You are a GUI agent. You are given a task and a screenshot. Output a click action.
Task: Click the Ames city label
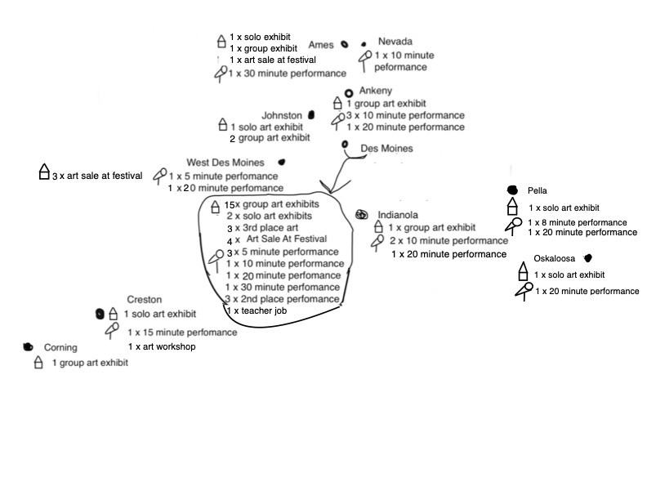pyautogui.click(x=320, y=45)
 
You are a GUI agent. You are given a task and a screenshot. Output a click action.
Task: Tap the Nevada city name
pyautogui.click(x=395, y=41)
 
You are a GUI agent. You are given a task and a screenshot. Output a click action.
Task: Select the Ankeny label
pyautogui.click(x=375, y=91)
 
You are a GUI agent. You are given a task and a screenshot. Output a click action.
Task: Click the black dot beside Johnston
pyautogui.click(x=311, y=114)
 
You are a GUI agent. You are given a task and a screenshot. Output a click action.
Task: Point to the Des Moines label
pyautogui.click(x=386, y=148)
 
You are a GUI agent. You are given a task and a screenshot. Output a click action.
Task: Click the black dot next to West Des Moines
pyautogui.click(x=282, y=162)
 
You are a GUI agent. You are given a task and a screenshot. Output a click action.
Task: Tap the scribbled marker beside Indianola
pyautogui.click(x=361, y=214)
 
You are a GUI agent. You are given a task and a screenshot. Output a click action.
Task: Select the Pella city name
pyautogui.click(x=538, y=190)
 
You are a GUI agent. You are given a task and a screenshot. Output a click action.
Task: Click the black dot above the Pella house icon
pyautogui.click(x=512, y=190)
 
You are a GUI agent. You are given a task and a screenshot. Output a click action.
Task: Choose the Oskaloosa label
pyautogui.click(x=554, y=258)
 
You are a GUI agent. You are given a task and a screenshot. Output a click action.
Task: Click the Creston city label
pyautogui.click(x=144, y=299)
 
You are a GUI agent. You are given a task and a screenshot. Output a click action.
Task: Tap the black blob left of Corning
pyautogui.click(x=28, y=347)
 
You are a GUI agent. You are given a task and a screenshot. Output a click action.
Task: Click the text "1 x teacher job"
pyautogui.click(x=257, y=310)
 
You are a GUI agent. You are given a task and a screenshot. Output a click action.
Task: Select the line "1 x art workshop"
pyautogui.click(x=162, y=346)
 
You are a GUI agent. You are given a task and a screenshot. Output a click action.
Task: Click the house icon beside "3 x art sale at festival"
pyautogui.click(x=44, y=172)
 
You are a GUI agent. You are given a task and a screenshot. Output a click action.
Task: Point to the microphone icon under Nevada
pyautogui.click(x=365, y=60)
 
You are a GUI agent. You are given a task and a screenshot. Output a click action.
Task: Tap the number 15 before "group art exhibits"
pyautogui.click(x=229, y=205)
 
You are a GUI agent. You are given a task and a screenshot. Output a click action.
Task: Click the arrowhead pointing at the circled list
pyautogui.click(x=332, y=187)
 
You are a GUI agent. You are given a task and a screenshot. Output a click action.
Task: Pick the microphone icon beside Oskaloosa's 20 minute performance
pyautogui.click(x=524, y=291)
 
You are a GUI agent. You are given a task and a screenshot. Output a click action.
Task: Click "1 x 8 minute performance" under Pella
pyautogui.click(x=578, y=223)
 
